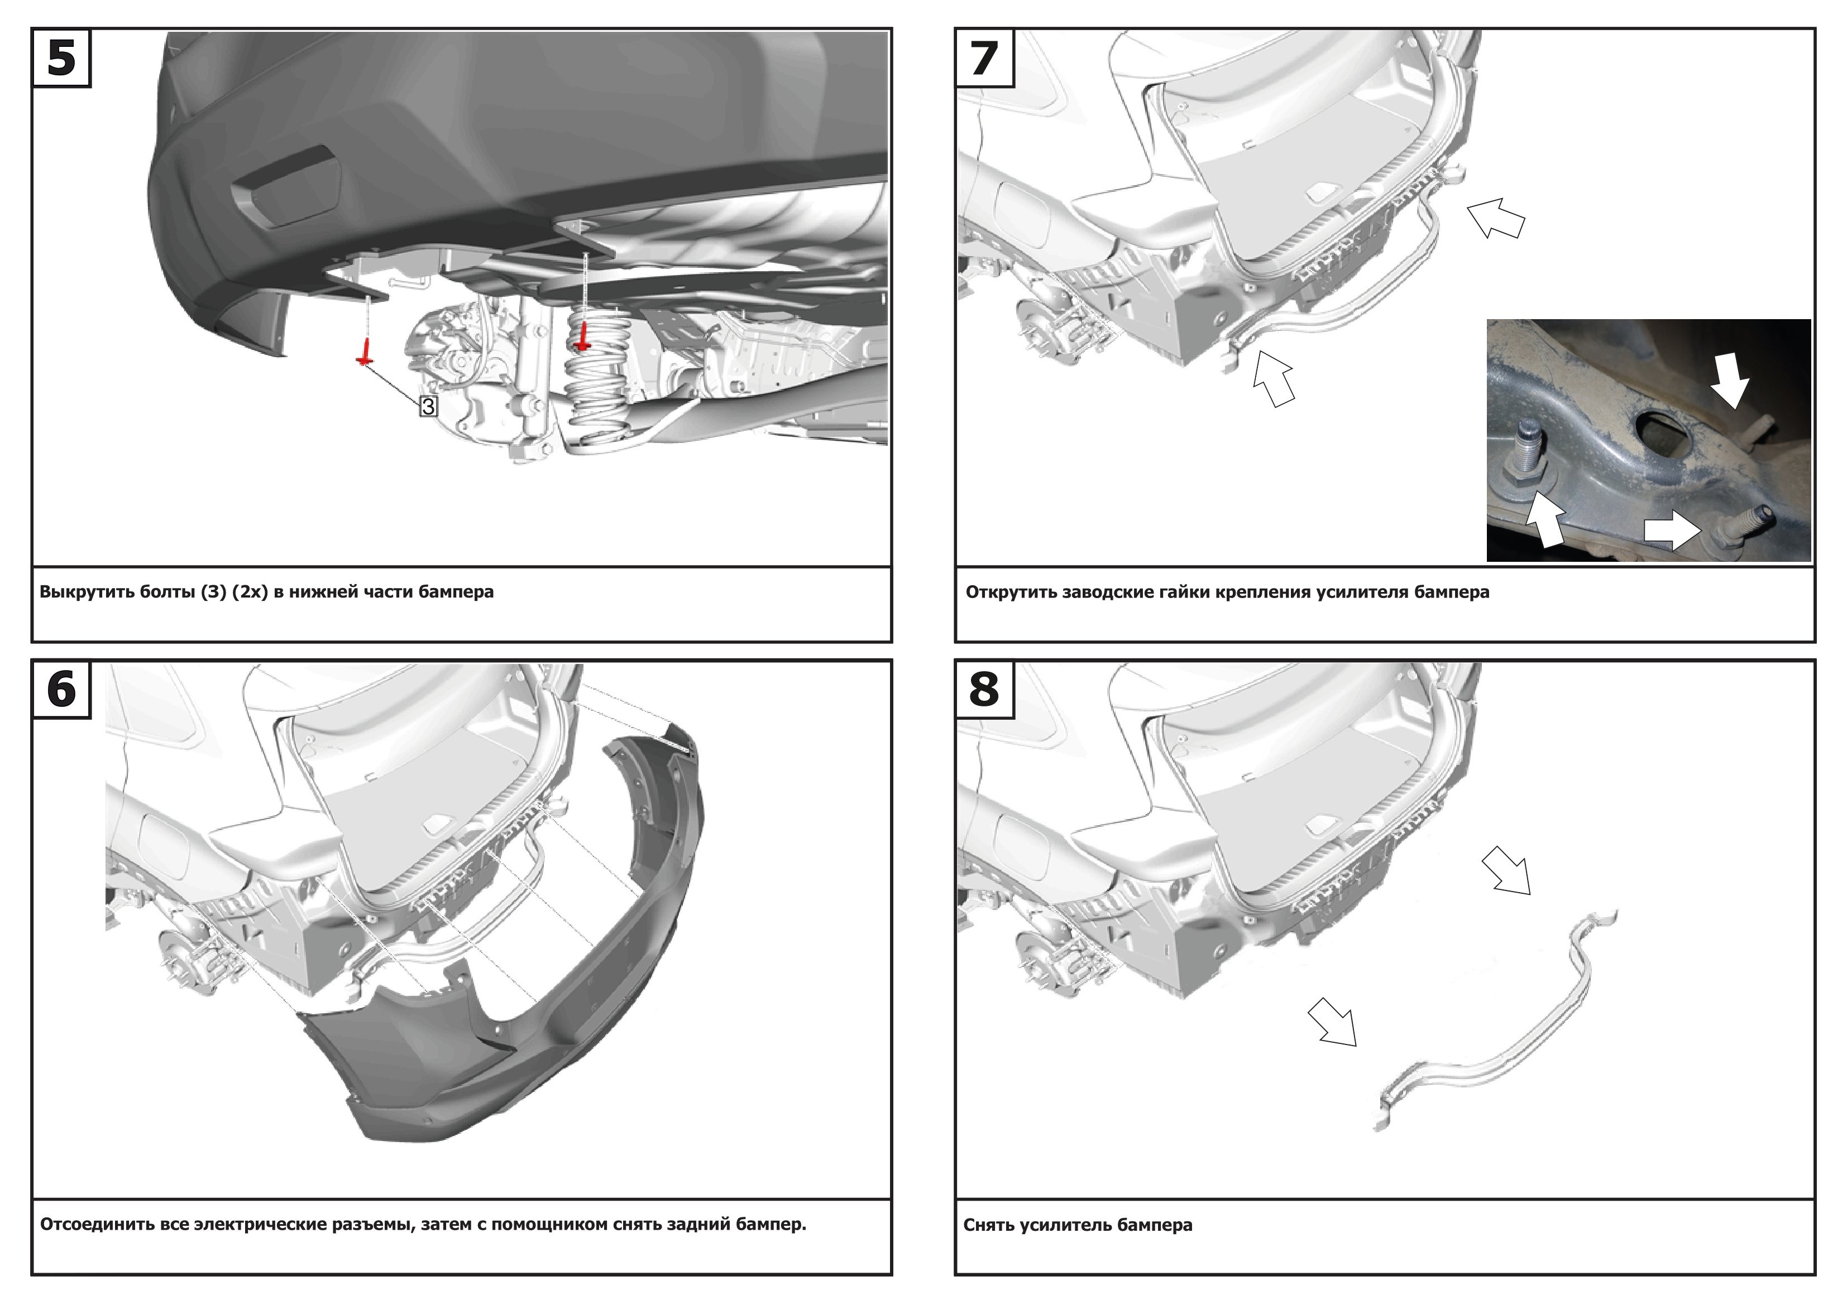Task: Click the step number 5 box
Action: click(x=61, y=58)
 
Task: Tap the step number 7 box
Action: click(x=984, y=58)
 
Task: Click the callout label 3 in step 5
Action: click(x=428, y=406)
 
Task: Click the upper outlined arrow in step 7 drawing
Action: click(x=1495, y=219)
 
